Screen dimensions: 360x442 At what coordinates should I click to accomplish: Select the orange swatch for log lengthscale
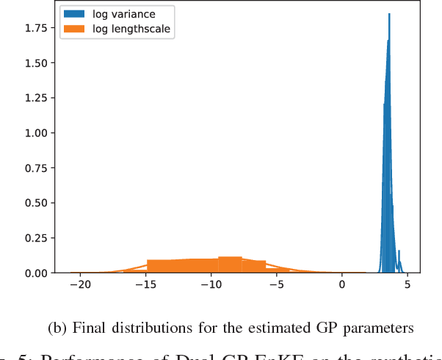click(x=74, y=29)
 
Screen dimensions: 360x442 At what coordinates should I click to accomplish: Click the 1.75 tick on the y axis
click(x=36, y=28)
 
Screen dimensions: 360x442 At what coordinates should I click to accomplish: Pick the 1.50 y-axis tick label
click(x=36, y=63)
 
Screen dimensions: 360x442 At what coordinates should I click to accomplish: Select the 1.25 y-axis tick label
click(x=36, y=98)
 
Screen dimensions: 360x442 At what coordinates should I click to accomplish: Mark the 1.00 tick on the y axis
click(x=36, y=133)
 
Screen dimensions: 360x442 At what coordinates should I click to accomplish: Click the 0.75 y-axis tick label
click(x=36, y=168)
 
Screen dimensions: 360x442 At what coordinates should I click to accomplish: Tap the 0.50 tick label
click(x=36, y=204)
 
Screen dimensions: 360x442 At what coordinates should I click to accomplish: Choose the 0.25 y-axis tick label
click(x=36, y=238)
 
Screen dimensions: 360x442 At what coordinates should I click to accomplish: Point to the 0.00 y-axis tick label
click(x=36, y=273)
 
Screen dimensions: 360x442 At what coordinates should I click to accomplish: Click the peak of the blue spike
click(x=389, y=15)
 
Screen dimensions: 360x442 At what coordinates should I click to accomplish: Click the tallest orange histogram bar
click(x=231, y=264)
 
